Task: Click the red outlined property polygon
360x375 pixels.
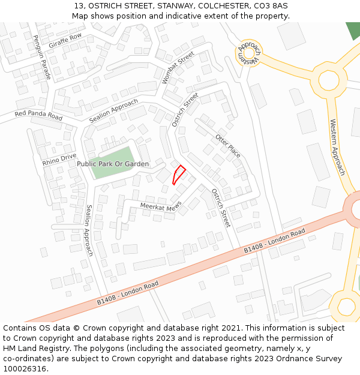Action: point(178,175)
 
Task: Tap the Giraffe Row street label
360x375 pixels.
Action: point(65,41)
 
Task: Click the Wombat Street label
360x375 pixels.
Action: point(178,68)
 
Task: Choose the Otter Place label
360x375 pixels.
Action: point(228,146)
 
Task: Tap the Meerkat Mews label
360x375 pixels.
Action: point(160,206)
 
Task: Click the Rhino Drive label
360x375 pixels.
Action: point(59,160)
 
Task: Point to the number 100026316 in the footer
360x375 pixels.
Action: point(26,368)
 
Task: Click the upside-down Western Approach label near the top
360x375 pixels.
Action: point(249,53)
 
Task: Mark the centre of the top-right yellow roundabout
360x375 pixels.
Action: point(328,80)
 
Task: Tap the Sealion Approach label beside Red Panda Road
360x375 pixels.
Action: point(113,111)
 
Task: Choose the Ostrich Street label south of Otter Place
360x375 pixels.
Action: point(221,208)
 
